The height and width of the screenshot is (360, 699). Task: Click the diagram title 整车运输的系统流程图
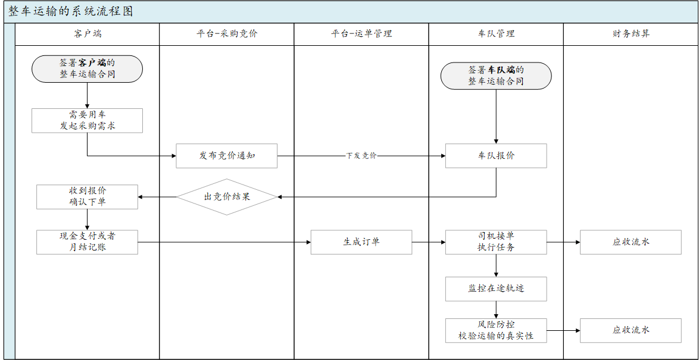pyautogui.click(x=71, y=12)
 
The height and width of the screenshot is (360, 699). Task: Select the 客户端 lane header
pyautogui.click(x=87, y=34)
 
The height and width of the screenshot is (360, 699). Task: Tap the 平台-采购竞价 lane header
pyautogui.click(x=227, y=34)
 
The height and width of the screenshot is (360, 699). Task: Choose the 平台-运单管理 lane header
pyautogui.click(x=361, y=34)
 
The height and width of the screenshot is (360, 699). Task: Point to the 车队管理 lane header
pyautogui.click(x=496, y=34)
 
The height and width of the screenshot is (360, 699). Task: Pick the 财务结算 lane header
pyautogui.click(x=631, y=34)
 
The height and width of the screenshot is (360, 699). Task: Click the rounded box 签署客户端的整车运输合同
pyautogui.click(x=87, y=68)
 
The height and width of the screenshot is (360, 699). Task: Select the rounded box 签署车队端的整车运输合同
pyautogui.click(x=496, y=76)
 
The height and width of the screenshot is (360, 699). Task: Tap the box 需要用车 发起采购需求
pyautogui.click(x=87, y=120)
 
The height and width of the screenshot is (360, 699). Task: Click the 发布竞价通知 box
pyautogui.click(x=227, y=156)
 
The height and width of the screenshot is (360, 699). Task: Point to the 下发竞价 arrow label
pyautogui.click(x=361, y=156)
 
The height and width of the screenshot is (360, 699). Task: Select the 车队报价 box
pyautogui.click(x=496, y=156)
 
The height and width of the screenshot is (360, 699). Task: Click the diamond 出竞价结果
pyautogui.click(x=227, y=196)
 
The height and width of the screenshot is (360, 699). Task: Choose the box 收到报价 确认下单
pyautogui.click(x=87, y=196)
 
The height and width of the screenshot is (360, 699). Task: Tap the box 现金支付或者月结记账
pyautogui.click(x=87, y=242)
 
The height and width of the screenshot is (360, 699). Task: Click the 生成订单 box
pyautogui.click(x=361, y=242)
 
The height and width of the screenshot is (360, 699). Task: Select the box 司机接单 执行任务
pyautogui.click(x=496, y=242)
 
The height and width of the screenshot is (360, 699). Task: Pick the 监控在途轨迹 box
pyautogui.click(x=496, y=289)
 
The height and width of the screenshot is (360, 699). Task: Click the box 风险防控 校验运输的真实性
pyautogui.click(x=496, y=330)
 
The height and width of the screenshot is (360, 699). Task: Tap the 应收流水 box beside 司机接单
pyautogui.click(x=631, y=242)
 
